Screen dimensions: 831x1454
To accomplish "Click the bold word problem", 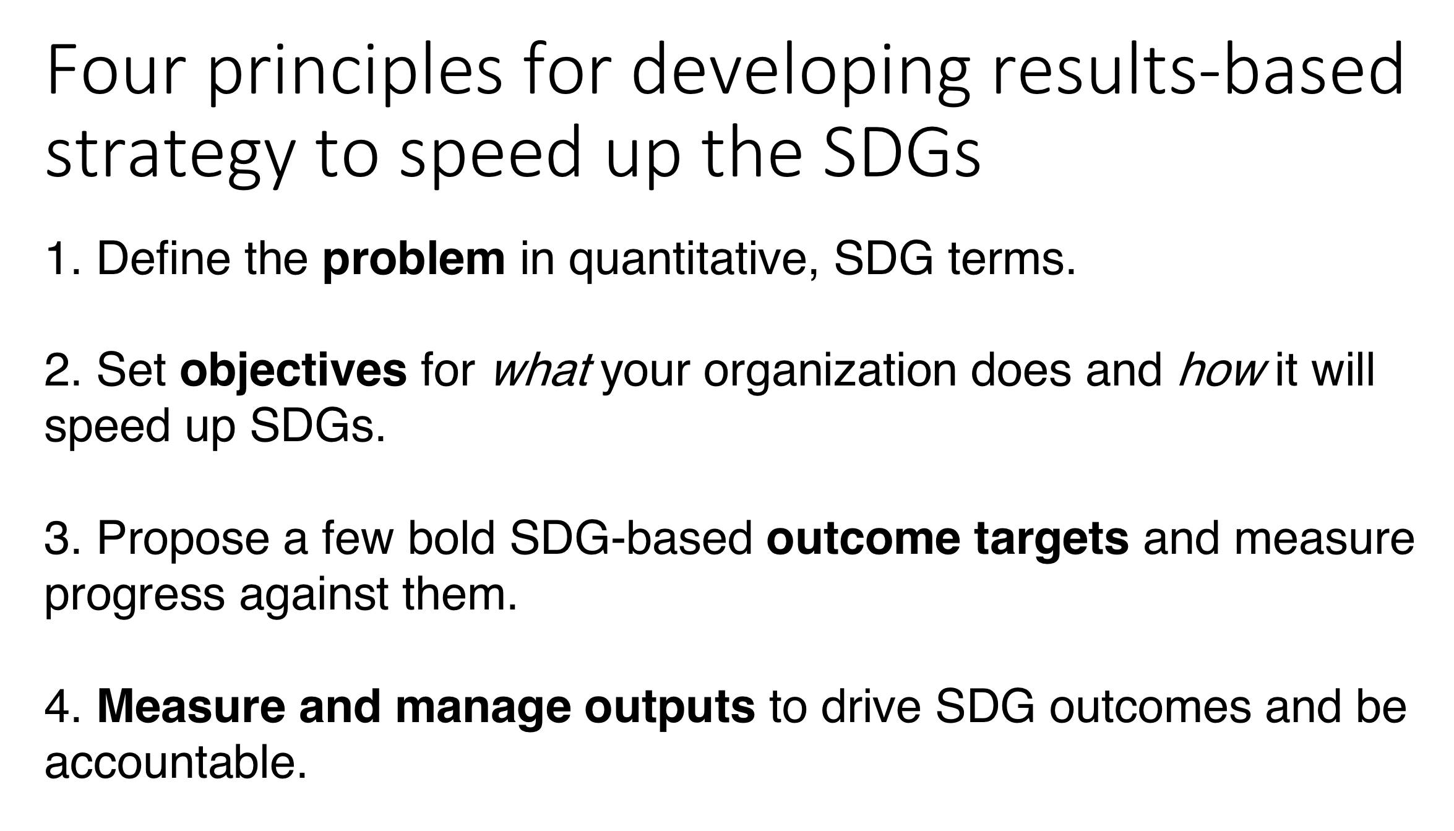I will click(x=413, y=260).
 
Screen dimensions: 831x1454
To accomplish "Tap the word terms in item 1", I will click(x=1011, y=260).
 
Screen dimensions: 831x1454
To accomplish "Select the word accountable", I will click(x=176, y=764).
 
